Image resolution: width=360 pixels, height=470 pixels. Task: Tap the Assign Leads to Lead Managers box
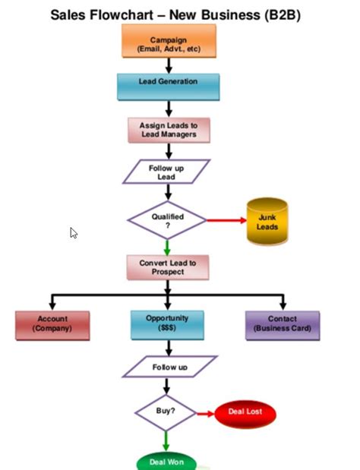167,129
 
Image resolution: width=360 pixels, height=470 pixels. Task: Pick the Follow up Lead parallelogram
166,172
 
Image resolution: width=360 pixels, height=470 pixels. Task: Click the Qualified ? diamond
167,220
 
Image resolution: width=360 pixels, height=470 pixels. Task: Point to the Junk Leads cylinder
267,222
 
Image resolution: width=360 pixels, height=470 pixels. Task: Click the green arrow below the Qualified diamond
167,245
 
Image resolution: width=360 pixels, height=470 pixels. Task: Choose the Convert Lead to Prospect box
167,267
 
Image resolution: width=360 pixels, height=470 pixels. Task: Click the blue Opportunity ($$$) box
167,324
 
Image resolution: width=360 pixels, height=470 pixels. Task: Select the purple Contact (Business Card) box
283,324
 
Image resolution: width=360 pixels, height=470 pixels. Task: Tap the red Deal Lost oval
245,413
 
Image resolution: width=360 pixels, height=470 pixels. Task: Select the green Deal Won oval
166,462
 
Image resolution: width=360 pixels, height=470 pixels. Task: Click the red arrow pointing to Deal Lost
205,414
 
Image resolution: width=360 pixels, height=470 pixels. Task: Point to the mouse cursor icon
74,234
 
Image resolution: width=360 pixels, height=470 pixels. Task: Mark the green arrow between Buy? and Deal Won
166,441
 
